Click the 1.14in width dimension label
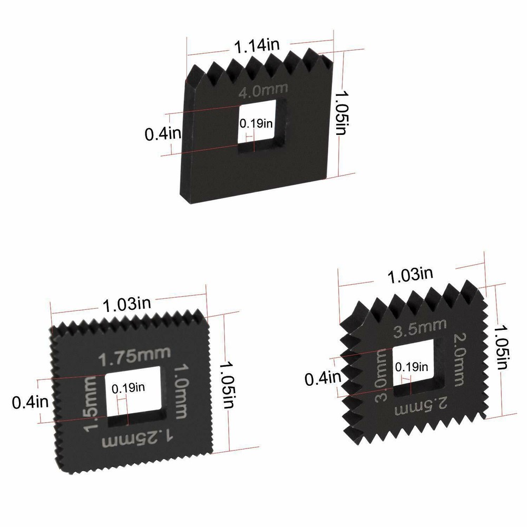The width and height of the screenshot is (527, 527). pos(257,45)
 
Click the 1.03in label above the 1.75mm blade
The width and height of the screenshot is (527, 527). pos(126,304)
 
